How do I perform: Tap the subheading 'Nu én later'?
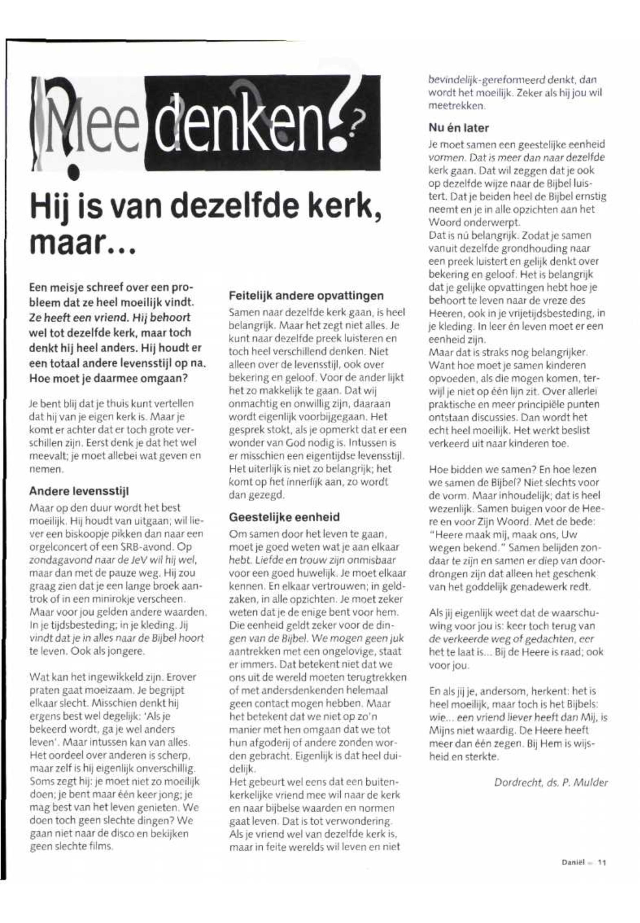click(x=459, y=128)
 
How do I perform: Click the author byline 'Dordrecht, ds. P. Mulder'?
click(x=551, y=782)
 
